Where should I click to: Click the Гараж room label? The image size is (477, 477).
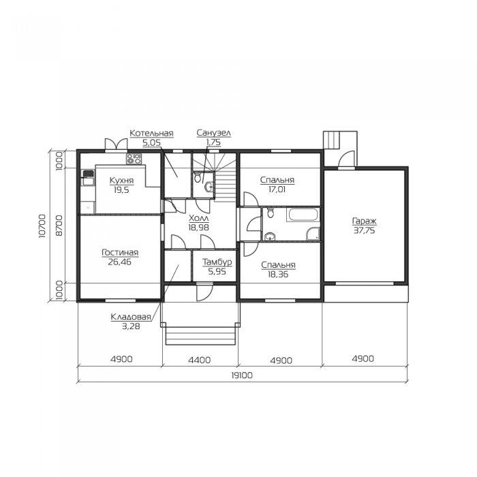[364, 221]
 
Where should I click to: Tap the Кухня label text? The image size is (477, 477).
[121, 180]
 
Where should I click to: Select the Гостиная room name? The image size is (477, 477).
[120, 252]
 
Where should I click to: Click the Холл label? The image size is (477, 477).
[199, 218]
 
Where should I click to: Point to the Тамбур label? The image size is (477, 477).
[217, 262]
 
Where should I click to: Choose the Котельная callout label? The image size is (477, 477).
[151, 133]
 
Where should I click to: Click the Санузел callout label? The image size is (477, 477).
[213, 133]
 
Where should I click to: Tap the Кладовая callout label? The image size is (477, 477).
[131, 317]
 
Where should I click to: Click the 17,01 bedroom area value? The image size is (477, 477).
[277, 189]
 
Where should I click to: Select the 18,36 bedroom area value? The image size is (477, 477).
[278, 275]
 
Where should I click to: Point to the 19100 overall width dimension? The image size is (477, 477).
[242, 375]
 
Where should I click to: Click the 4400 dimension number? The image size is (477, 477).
[199, 360]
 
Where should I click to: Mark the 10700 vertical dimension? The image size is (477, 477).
[42, 226]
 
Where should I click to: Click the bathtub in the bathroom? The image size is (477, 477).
[303, 215]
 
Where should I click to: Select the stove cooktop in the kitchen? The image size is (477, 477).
[134, 159]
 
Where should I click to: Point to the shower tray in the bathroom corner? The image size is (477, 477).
[313, 234]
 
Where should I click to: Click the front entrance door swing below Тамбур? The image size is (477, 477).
[204, 292]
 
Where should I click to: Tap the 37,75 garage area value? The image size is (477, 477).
[364, 230]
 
